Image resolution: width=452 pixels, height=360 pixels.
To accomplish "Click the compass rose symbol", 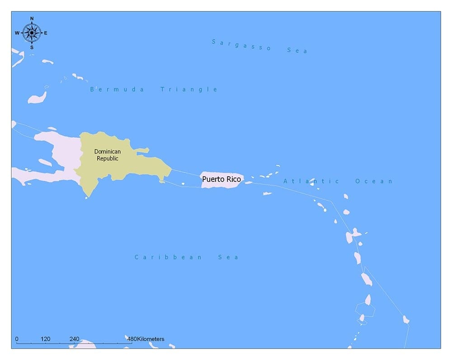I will (x=32, y=33).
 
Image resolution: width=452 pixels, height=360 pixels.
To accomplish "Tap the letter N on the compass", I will (x=32, y=19).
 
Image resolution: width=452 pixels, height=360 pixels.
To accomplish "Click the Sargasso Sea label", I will (x=259, y=46).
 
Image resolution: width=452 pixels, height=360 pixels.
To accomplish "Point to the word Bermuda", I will (x=117, y=89).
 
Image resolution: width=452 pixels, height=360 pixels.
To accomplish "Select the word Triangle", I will (x=189, y=89).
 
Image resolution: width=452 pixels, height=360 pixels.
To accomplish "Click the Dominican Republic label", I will (x=107, y=155).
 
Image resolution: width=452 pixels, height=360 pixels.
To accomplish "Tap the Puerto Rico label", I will (x=221, y=179).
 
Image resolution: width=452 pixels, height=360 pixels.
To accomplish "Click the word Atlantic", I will (x=311, y=181).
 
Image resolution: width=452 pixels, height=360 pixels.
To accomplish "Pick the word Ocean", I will (x=374, y=181).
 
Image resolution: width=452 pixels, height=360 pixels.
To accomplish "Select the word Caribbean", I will (x=169, y=257).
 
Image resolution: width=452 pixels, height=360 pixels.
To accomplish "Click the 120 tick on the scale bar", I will (x=45, y=339).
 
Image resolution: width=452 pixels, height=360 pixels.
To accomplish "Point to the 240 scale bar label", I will (x=74, y=339).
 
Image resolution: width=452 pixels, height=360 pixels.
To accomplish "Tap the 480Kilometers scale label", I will (x=146, y=339).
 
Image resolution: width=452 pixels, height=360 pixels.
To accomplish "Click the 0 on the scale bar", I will (x=17, y=339).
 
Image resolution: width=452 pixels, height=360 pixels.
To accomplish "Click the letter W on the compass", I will (x=17, y=33).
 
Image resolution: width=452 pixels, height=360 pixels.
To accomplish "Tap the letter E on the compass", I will (x=46, y=33).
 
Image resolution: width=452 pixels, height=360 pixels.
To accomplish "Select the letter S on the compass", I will (x=32, y=47).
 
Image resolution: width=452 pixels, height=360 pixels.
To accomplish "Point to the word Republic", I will (x=107, y=159).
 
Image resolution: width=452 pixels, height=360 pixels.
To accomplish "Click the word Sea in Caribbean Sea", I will (x=228, y=257).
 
